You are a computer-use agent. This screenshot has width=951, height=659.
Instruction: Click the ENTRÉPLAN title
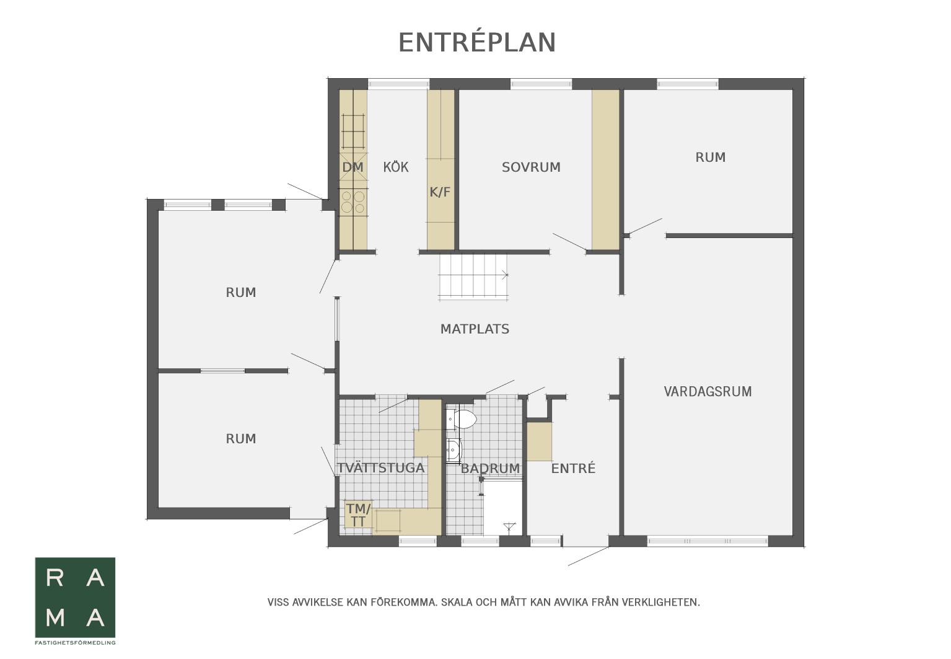pyautogui.click(x=477, y=42)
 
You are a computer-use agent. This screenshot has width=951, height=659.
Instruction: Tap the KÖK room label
pyautogui.click(x=396, y=167)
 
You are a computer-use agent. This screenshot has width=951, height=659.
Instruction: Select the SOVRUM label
pyautogui.click(x=531, y=167)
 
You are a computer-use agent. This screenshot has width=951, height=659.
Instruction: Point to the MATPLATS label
pyautogui.click(x=475, y=329)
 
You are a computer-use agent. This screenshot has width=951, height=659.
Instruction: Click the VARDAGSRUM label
pyautogui.click(x=708, y=391)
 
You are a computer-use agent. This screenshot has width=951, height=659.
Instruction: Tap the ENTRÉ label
pyautogui.click(x=573, y=468)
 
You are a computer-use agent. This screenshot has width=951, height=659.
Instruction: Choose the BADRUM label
pyautogui.click(x=490, y=468)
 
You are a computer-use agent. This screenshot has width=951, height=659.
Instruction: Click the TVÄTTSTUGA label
pyautogui.click(x=381, y=468)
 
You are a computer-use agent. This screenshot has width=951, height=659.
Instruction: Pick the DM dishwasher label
pyautogui.click(x=353, y=167)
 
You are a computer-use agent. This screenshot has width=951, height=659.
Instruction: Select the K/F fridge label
pyautogui.click(x=440, y=192)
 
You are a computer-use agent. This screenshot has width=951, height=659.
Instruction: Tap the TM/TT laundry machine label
pyautogui.click(x=358, y=515)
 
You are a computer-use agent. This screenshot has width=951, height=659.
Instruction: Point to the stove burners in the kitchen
pyautogui.click(x=353, y=202)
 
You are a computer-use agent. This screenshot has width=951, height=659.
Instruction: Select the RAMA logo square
pyautogui.click(x=75, y=598)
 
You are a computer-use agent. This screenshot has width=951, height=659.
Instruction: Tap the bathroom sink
pyautogui.click(x=454, y=449)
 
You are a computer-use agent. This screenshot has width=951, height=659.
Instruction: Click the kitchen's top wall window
pyautogui.click(x=398, y=84)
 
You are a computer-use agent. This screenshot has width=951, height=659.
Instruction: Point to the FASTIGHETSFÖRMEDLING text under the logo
pyautogui.click(x=75, y=642)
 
